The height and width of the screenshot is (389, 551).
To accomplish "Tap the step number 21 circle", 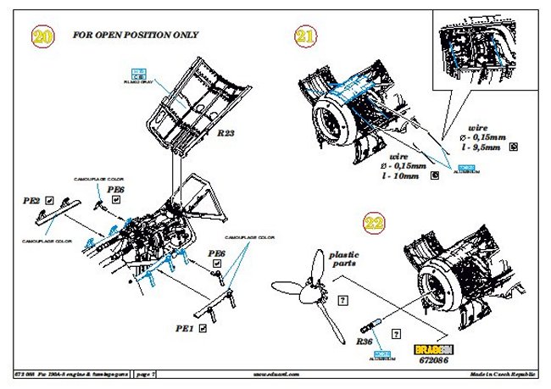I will (x=305, y=36).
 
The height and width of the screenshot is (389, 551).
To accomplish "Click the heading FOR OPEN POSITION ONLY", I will (x=136, y=36).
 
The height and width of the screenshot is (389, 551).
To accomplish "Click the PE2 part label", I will (x=31, y=202).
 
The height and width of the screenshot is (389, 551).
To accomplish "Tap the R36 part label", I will (x=362, y=342).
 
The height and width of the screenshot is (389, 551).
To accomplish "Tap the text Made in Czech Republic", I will (x=507, y=373).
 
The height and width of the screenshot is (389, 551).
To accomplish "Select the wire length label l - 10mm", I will (x=409, y=176).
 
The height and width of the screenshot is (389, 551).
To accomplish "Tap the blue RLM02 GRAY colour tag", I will (x=140, y=74).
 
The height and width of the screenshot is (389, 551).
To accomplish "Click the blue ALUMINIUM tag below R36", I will (x=383, y=354).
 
